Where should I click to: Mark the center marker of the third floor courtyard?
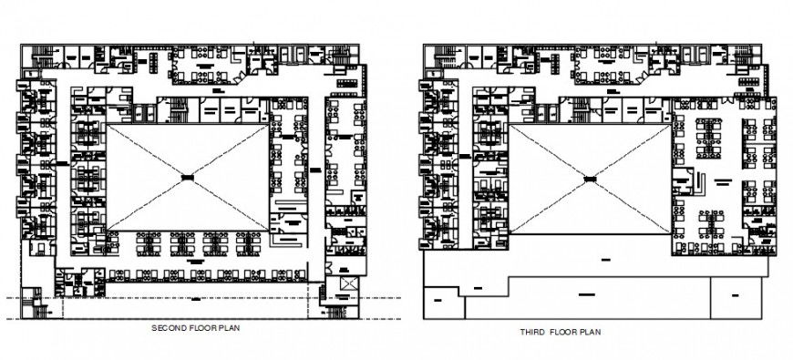[x=590, y=180]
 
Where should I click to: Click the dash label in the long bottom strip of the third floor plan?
[x=583, y=294]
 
